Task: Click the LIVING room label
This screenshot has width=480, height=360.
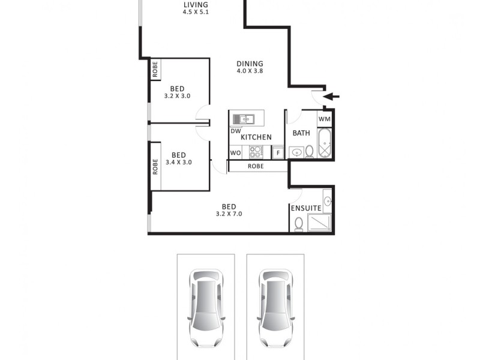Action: pos(196,5)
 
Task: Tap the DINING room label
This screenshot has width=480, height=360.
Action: pos(250,63)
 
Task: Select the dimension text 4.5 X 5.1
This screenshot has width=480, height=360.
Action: pos(196,12)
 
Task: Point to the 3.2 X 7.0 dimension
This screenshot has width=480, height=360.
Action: pos(228,214)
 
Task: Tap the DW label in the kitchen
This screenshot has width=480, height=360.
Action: pos(235,131)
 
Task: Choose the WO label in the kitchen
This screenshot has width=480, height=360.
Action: pos(235,153)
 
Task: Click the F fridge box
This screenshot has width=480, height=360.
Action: pos(278,153)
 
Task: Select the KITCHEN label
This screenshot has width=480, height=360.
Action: pos(256,137)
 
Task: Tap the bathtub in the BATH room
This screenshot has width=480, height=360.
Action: pos(325,143)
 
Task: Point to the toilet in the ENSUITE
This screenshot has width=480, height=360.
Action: pos(298,224)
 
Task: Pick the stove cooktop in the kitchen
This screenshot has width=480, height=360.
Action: pos(257,152)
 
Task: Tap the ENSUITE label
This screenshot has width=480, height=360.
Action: pos(306,208)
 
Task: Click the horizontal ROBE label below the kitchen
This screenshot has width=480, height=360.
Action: pos(256,166)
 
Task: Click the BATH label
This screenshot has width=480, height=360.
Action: pos(301,133)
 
